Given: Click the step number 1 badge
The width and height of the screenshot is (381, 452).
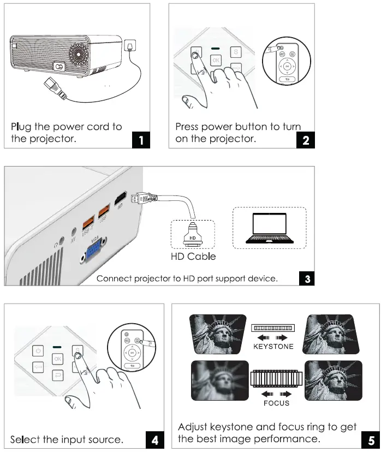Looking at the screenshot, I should [x=141, y=141].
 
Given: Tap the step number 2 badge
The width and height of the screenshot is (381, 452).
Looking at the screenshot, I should [x=306, y=141].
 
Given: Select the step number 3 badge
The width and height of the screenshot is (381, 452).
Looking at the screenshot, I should [x=307, y=278].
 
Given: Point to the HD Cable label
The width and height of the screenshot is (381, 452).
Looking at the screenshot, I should [x=194, y=256].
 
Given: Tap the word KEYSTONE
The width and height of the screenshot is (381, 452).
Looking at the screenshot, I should [x=273, y=346].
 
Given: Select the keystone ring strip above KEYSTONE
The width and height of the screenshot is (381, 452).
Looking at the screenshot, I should [x=273, y=328].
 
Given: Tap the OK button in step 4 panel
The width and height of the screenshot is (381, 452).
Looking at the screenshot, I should [x=58, y=358].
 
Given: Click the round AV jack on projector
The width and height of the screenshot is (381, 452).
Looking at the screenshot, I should [x=73, y=231].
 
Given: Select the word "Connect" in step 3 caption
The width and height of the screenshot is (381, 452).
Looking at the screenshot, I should [x=113, y=278].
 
